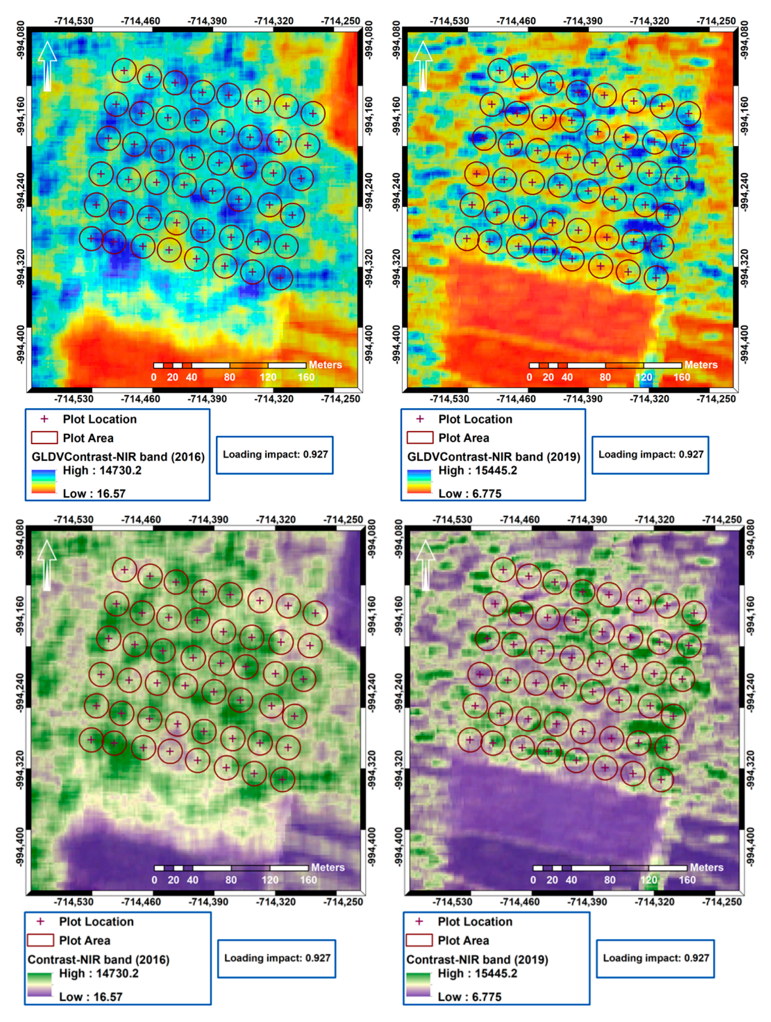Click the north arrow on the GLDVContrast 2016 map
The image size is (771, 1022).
[x=47, y=66]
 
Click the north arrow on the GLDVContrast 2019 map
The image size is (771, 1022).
[x=423, y=66]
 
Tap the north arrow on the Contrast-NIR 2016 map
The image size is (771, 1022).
[x=47, y=565]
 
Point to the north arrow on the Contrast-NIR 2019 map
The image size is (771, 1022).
[x=425, y=565]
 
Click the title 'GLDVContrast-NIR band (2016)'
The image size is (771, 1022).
[x=118, y=457]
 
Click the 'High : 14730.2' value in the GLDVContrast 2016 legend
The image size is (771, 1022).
[x=102, y=471]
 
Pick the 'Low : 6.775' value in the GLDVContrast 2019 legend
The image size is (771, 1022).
[x=470, y=493]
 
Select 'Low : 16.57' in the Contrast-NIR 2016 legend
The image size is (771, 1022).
[x=91, y=997]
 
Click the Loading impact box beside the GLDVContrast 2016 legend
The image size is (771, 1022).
[x=275, y=454]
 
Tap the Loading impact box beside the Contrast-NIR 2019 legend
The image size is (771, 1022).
[x=656, y=958]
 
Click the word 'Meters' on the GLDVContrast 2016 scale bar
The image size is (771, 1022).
[x=325, y=364]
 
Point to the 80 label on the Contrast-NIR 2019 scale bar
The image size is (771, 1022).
[x=609, y=880]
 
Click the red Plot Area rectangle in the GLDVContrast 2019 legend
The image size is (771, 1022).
[x=420, y=438]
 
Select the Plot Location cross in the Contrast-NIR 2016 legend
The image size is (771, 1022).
[x=41, y=921]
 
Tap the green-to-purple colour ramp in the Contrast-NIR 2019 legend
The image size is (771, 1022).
[x=418, y=985]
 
